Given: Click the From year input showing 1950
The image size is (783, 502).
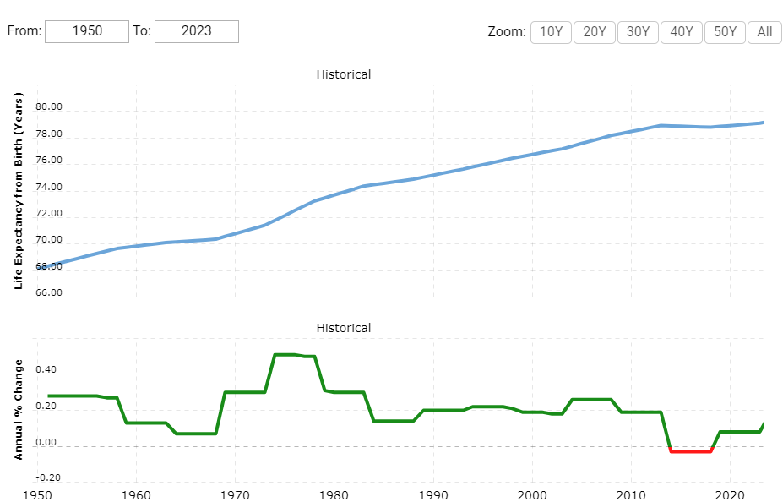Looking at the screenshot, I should coord(87,31).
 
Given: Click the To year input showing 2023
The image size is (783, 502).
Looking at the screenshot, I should coord(197,31).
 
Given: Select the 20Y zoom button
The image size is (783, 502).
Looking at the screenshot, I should coord(595,32).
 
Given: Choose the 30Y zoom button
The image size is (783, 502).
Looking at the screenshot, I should coord(639,32).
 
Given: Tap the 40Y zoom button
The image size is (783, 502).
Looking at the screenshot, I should coord(682,32).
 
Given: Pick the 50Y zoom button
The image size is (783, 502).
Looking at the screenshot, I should coord(726,32).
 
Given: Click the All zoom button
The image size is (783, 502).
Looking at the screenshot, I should coord(764,32).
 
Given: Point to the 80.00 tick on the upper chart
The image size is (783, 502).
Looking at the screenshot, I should coord(49,107).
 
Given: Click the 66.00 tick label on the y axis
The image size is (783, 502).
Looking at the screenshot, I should coord(49,293).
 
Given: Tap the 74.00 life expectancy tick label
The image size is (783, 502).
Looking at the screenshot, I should coord(49,188).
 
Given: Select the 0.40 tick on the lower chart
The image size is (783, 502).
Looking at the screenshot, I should coord(46,371).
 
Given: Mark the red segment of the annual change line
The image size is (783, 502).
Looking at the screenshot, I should coord(690,451).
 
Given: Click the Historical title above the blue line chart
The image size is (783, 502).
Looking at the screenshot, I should coord(343,74).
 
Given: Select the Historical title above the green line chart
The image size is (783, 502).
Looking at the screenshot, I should coord(343,328).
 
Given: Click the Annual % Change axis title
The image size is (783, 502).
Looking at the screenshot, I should coord(19,410).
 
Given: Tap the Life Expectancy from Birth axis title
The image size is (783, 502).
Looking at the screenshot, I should coord(19,189).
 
